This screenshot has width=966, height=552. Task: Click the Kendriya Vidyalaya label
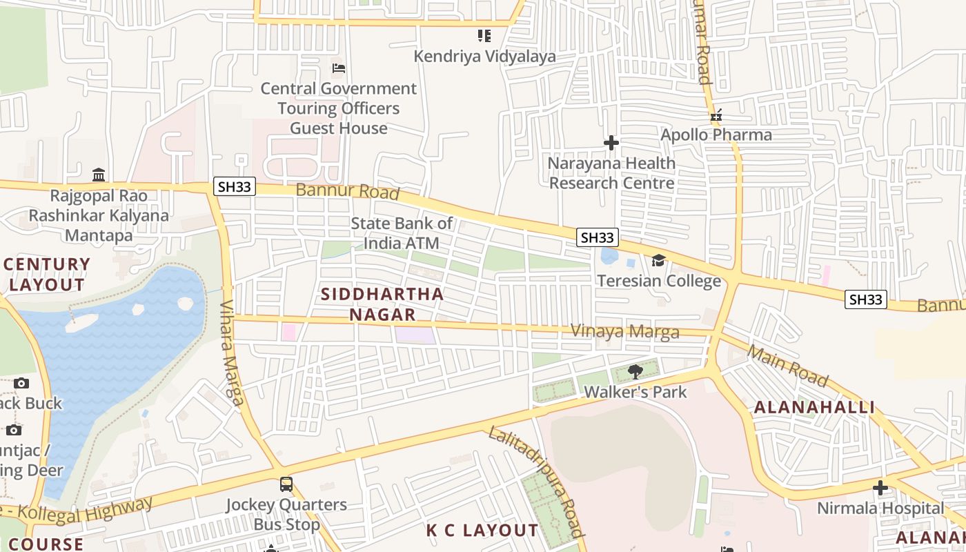tap(484, 57)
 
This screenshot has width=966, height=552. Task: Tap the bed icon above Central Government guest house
tap(339, 68)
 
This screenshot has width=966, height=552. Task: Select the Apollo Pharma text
tap(716, 135)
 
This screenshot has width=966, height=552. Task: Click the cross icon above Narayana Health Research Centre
tap(611, 143)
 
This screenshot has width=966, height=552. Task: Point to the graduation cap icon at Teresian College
tap(659, 260)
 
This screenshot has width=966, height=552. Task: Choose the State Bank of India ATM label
tap(402, 233)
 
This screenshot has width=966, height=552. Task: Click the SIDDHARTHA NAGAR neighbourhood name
tap(382, 304)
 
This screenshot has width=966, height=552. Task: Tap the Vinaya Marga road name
tap(624, 332)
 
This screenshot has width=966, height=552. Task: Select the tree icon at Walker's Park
tap(635, 373)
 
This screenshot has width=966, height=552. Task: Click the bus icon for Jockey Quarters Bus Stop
tap(286, 484)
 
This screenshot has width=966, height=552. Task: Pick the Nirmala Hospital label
tap(880, 509)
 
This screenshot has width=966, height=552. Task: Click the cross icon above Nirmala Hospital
tap(880, 489)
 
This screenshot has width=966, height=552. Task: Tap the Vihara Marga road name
tap(231, 352)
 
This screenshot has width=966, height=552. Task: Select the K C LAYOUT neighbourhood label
tap(482, 531)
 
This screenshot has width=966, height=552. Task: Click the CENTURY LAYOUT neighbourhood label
tap(48, 275)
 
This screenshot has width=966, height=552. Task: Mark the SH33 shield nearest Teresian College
tap(598, 237)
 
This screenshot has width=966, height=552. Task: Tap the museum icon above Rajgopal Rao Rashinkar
tap(98, 175)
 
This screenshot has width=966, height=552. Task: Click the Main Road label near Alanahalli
tap(787, 366)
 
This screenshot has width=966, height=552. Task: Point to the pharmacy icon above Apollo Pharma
tap(716, 115)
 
